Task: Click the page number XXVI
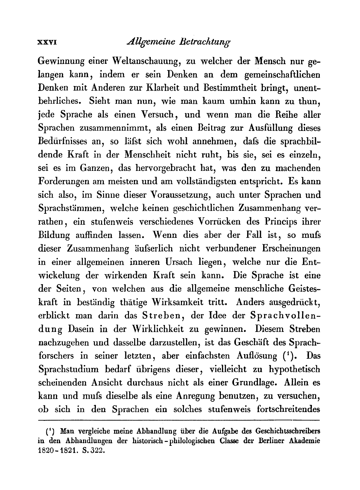pos(48,42)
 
